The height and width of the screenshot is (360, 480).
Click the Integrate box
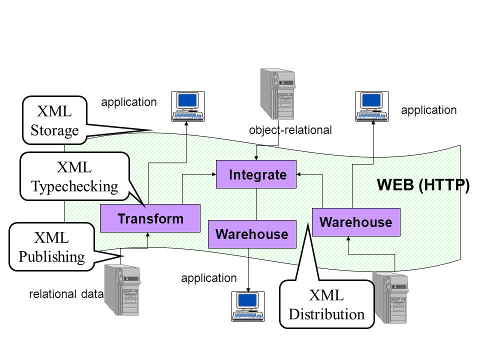pyautogui.click(x=256, y=174)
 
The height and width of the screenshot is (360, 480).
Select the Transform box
pyautogui.click(x=150, y=218)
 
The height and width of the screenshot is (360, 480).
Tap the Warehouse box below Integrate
pyautogui.click(x=252, y=234)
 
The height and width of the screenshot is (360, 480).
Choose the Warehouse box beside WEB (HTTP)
pyautogui.click(x=356, y=222)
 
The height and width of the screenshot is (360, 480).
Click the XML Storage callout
pyautogui.click(x=55, y=120)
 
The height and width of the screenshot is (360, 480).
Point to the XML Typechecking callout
pyautogui.click(x=74, y=176)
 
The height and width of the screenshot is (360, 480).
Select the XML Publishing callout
pyautogui.click(x=51, y=247)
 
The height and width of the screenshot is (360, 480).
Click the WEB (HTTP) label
pyautogui.click(x=423, y=184)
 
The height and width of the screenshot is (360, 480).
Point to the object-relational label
pyautogui.click(x=290, y=130)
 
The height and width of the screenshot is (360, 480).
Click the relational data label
pyautogui.click(x=66, y=294)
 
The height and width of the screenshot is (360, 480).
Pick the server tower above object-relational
pyautogui.click(x=277, y=94)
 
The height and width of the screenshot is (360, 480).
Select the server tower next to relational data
pyautogui.click(x=122, y=290)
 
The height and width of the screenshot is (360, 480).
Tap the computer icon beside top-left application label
pyautogui.click(x=188, y=106)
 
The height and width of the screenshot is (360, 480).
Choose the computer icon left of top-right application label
pyautogui.click(x=372, y=106)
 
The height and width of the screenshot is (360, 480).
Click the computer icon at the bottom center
pyautogui.click(x=248, y=306)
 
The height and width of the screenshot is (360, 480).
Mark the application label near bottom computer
pyautogui.click(x=209, y=278)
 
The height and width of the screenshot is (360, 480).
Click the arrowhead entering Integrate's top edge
pyautogui.click(x=256, y=157)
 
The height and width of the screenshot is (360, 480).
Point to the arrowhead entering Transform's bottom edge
pyautogui.click(x=148, y=235)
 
